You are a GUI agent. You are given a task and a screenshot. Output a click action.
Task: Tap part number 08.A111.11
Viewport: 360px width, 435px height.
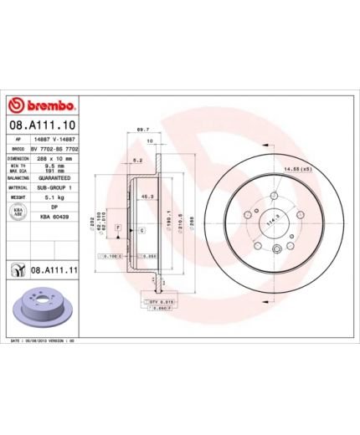(x=54, y=269)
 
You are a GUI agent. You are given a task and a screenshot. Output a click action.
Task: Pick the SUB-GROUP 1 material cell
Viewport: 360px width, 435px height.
(x=57, y=188)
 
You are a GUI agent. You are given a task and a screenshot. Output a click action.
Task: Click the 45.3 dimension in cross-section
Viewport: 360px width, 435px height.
(x=146, y=197)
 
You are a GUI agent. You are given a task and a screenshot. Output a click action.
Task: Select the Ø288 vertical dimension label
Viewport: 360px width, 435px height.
(x=191, y=223)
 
